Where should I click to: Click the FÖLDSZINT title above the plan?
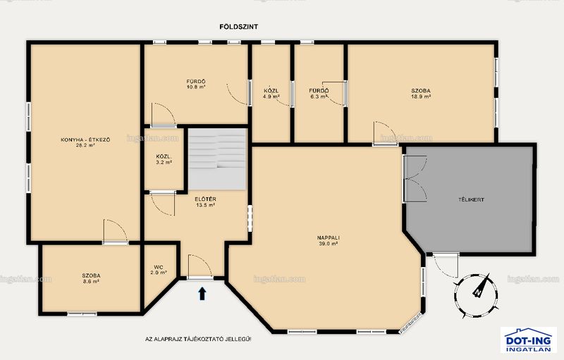click(x=238, y=27)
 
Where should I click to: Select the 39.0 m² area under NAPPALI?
click(x=329, y=244)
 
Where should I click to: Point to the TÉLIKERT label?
click(x=471, y=200)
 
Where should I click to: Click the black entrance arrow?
click(x=202, y=293)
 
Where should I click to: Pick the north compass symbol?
click(x=477, y=295)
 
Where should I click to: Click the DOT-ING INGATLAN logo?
click(x=528, y=340)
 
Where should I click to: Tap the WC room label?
click(x=159, y=270)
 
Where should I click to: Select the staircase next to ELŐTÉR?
click(x=217, y=159)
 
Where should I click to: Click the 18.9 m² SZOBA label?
click(x=421, y=94)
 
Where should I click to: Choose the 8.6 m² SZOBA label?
click(x=91, y=278)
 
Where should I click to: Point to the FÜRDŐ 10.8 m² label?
click(x=196, y=84)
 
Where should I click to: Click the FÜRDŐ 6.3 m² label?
click(x=319, y=94)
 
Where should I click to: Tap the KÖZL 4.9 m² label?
click(x=271, y=94)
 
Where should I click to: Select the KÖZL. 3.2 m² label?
click(x=164, y=159)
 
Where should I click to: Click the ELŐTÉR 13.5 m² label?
click(x=205, y=202)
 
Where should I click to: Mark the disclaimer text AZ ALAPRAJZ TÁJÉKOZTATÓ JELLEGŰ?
click(x=198, y=339)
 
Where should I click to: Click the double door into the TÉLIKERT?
click(x=415, y=178)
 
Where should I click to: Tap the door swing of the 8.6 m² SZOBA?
click(x=116, y=231)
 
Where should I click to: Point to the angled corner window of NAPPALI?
click(x=410, y=323)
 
